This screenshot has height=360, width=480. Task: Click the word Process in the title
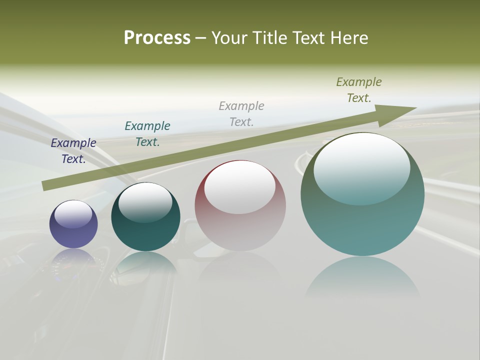(x=157, y=38)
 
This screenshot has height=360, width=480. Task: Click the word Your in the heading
(x=230, y=38)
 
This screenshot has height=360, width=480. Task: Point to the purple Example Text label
(x=73, y=150)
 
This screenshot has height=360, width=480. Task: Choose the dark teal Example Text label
(x=147, y=133)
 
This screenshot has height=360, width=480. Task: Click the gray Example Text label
(x=241, y=113)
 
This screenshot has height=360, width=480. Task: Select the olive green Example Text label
(x=359, y=89)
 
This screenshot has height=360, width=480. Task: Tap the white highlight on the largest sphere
(x=362, y=167)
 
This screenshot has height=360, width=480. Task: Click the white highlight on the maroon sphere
(x=240, y=186)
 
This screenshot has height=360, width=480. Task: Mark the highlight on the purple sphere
(x=73, y=214)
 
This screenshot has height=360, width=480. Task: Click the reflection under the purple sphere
(x=73, y=262)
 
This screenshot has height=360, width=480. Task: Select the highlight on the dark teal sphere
(x=145, y=201)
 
